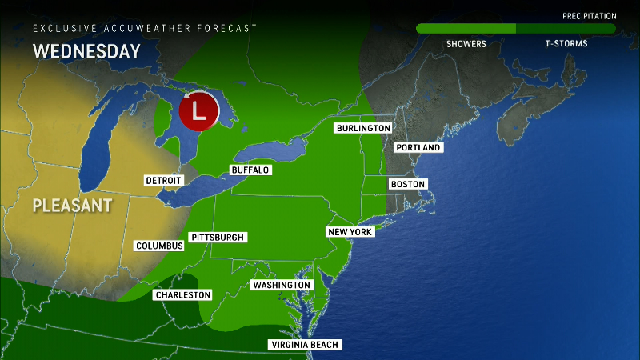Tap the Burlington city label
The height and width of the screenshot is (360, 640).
coord(363,128)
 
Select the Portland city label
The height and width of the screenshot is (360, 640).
coord(418,147)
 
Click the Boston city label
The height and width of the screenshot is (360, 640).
coord(407,184)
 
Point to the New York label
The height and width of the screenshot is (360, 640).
coord(350,232)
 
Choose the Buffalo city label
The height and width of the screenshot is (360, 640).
coord(250,170)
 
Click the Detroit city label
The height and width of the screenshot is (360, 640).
coord(164,180)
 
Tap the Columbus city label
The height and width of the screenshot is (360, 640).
coord(159,246)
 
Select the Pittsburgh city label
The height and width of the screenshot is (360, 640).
coord(217,238)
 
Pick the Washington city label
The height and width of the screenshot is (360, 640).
coord(281,285)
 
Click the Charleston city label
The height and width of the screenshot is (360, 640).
coord(183,295)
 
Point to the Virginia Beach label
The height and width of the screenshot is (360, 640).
coord(306,345)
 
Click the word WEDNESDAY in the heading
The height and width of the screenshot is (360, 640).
coord(86,52)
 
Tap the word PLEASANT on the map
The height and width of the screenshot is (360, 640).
coord(72,206)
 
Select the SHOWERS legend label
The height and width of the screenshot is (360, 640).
coord(466,44)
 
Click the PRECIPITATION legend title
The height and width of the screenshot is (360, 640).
coord(589,16)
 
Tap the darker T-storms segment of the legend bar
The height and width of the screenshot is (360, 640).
coord(565,29)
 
